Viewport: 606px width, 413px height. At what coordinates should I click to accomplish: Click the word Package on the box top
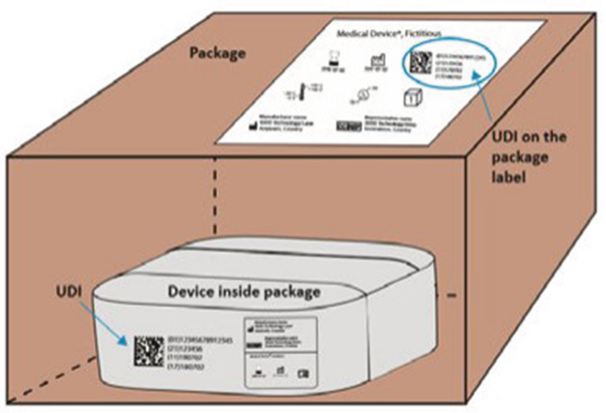(218, 54)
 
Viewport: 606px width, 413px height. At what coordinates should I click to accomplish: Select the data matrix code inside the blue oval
(418, 64)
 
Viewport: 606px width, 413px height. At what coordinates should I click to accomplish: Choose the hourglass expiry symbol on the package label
(336, 54)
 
